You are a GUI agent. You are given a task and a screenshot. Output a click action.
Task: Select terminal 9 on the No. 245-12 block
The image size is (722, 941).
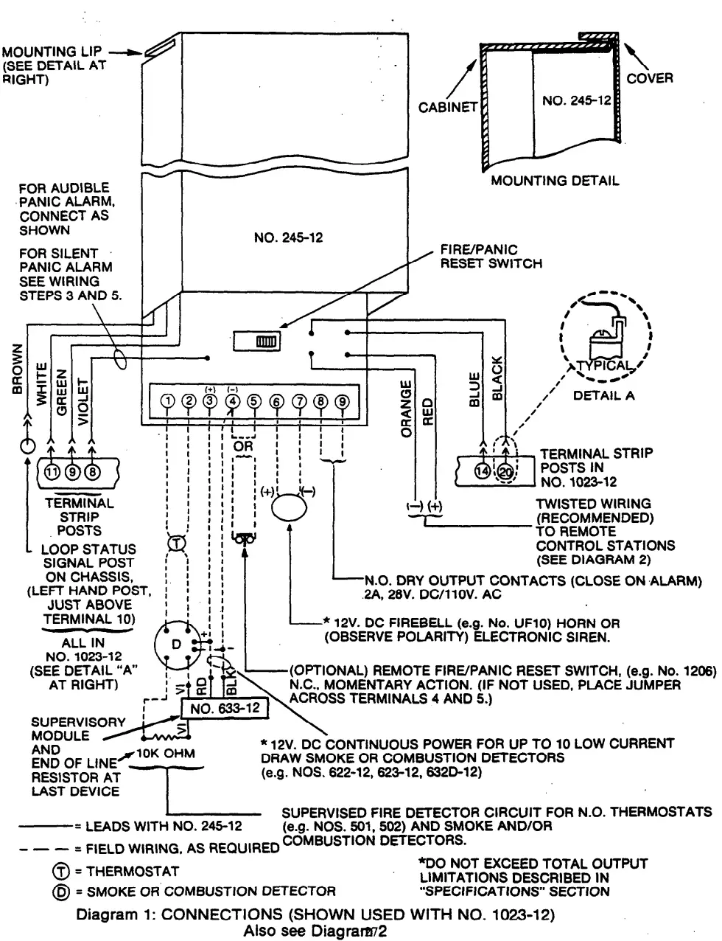point(343,401)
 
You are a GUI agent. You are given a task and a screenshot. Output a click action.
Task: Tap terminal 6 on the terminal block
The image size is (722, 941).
point(276,401)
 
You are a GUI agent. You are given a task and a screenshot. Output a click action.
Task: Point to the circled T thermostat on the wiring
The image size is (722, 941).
point(177,543)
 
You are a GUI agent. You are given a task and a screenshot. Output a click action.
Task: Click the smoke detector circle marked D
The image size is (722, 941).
point(175,645)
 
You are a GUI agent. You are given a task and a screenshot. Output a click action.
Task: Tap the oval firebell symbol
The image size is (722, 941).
point(288,509)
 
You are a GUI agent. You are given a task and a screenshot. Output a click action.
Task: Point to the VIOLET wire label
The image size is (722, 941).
point(83,403)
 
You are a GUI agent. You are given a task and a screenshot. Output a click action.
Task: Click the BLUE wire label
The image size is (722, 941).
point(474,389)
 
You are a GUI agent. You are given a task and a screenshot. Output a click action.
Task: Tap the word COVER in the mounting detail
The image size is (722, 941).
point(649,78)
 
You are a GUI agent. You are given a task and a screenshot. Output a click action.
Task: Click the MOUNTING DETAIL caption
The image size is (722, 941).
point(555,180)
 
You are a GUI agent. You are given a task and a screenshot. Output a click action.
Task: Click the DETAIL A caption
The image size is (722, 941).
point(603,395)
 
